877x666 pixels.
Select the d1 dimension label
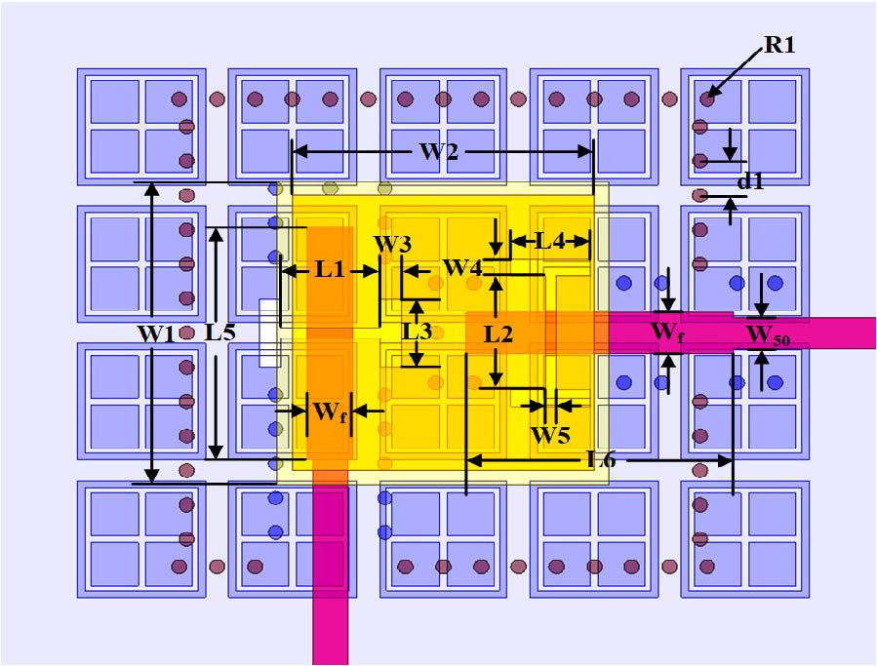[x=750, y=181]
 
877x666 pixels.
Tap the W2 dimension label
[x=439, y=152]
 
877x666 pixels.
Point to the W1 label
[x=155, y=333]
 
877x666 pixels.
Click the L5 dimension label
[x=220, y=332]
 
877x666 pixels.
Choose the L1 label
[x=330, y=270]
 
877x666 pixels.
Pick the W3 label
[x=392, y=244]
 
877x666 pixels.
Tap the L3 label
[x=418, y=332]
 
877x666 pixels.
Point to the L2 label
[x=498, y=334]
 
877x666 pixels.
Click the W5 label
[x=549, y=435]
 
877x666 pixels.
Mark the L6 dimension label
[x=600, y=459]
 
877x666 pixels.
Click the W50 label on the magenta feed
[x=769, y=336]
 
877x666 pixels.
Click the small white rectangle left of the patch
[x=269, y=333]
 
